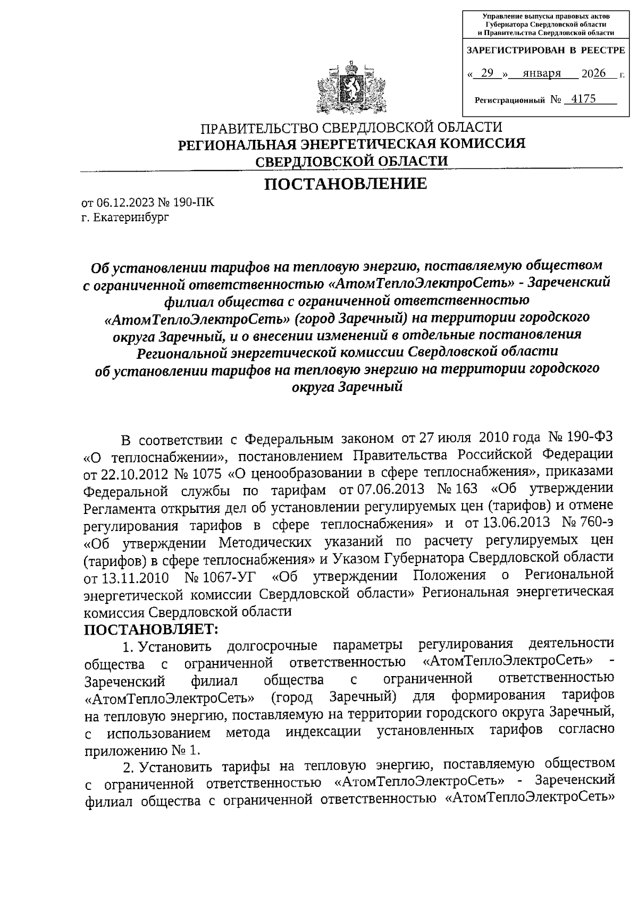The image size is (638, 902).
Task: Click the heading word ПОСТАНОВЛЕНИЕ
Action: point(346,184)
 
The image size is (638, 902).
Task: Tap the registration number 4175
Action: point(583,99)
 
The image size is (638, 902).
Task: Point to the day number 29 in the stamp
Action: point(486,73)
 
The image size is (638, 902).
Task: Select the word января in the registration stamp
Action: point(542,73)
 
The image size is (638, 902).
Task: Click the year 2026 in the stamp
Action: point(593,73)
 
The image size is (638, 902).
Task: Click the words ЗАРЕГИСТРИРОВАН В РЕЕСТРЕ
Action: point(545,50)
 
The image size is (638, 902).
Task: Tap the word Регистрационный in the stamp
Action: point(510,100)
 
